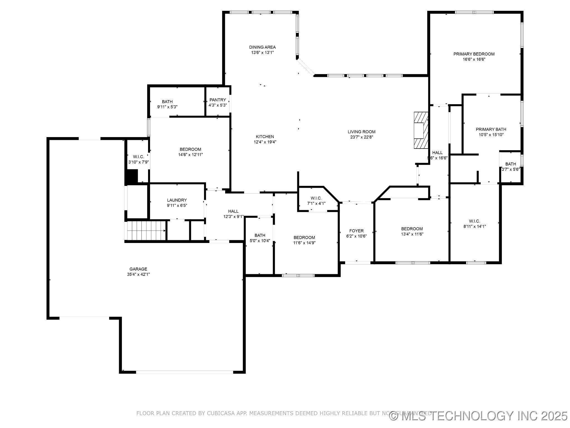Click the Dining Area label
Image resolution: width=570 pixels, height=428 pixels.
click(x=262, y=47)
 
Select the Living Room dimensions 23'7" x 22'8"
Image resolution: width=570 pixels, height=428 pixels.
click(x=361, y=137)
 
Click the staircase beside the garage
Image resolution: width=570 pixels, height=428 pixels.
click(x=145, y=230)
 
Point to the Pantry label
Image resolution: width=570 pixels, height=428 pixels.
click(x=218, y=100)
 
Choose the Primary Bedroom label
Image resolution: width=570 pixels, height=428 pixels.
click(x=474, y=54)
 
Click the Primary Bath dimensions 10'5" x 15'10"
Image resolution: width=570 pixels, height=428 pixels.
click(x=491, y=135)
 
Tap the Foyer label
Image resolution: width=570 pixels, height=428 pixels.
click(x=356, y=231)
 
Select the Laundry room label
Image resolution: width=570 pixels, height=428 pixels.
click(x=177, y=200)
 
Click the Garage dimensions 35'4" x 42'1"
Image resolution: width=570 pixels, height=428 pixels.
click(x=138, y=274)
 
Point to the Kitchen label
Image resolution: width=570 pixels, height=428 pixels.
click(x=265, y=137)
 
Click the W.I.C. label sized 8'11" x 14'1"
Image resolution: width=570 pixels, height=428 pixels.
click(x=474, y=221)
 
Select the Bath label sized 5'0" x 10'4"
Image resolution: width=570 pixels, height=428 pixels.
click(x=260, y=235)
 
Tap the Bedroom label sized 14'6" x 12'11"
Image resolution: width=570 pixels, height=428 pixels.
click(x=190, y=149)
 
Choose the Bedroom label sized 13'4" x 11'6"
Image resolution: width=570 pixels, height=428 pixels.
click(x=412, y=229)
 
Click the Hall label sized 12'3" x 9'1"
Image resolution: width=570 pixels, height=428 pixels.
click(x=233, y=211)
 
